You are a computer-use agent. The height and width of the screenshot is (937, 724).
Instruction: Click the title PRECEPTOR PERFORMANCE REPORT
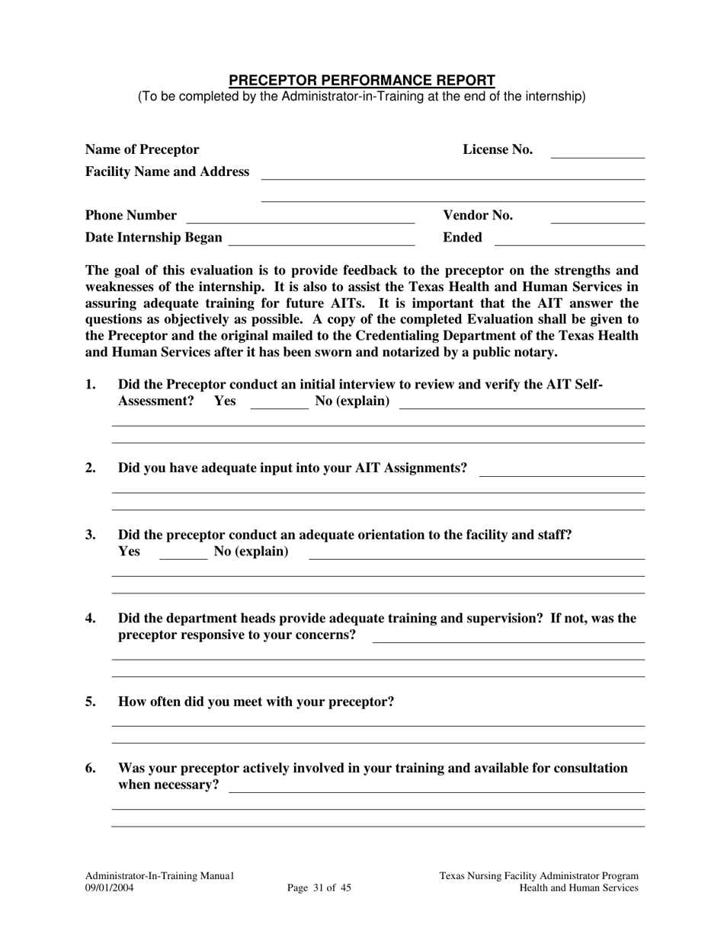pyautogui.click(x=362, y=80)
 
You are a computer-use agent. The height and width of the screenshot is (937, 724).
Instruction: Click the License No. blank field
pyautogui.click(x=597, y=152)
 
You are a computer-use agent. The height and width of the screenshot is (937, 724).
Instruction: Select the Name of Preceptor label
pyautogui.click(x=142, y=149)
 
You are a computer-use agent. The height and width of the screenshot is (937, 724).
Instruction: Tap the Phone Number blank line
pyautogui.click(x=300, y=219)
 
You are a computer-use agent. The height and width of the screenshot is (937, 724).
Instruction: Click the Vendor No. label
pyautogui.click(x=478, y=216)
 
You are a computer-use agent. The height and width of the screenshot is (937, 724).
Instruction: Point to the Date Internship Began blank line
pyautogui.click(x=321, y=241)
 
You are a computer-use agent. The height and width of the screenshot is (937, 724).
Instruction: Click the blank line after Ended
pyautogui.click(x=569, y=241)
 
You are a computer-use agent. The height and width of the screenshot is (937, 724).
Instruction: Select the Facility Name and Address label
pyautogui.click(x=167, y=171)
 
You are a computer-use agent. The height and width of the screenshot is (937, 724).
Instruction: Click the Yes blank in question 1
pyautogui.click(x=279, y=405)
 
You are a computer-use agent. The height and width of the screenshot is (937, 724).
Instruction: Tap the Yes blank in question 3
pyautogui.click(x=183, y=555)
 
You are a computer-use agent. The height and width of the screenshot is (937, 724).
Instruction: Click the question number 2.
pyautogui.click(x=91, y=468)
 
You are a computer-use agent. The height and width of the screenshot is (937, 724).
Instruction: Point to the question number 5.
pyautogui.click(x=91, y=702)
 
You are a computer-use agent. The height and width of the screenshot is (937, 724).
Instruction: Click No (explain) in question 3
pyautogui.click(x=251, y=552)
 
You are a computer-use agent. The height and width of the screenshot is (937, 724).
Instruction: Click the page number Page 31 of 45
pyautogui.click(x=319, y=887)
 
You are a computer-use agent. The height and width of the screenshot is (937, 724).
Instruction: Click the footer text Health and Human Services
pyautogui.click(x=578, y=887)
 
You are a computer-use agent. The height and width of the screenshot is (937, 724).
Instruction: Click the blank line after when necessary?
pyautogui.click(x=437, y=788)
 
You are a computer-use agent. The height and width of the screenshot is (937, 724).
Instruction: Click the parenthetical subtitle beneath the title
pyautogui.click(x=362, y=97)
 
